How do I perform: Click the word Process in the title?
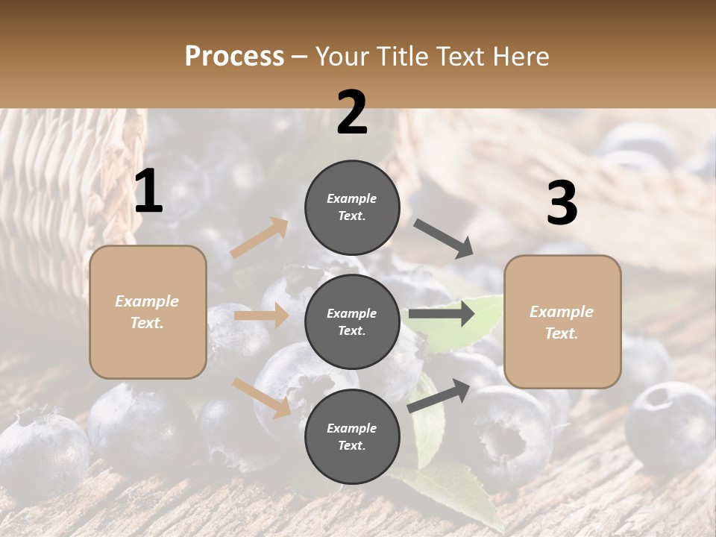234,57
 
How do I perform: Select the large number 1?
148,192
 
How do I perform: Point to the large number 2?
352,113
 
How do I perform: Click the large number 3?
562,204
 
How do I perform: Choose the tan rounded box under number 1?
148,312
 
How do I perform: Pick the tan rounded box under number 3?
562,322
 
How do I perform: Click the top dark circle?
352,207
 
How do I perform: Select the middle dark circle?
352,321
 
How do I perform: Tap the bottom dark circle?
352,436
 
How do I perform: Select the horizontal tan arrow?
261,316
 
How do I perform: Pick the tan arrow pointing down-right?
262,397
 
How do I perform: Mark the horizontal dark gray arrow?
442,314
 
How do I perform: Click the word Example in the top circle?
352,199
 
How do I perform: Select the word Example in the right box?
562,312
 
